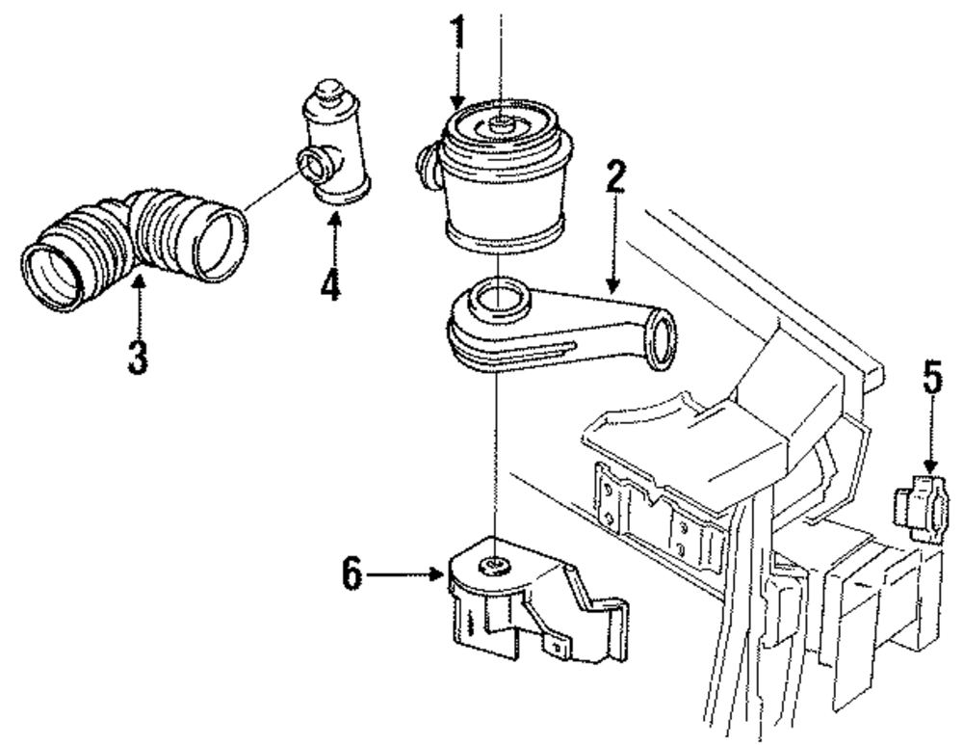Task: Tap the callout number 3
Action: click(138, 355)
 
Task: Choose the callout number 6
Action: click(352, 574)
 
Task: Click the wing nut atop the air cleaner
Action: click(500, 122)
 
